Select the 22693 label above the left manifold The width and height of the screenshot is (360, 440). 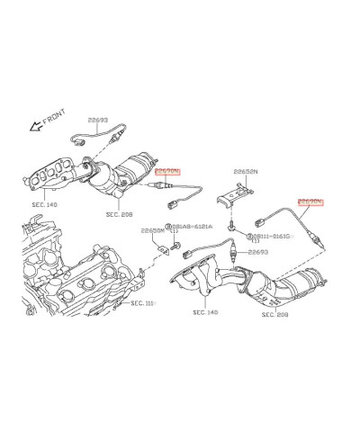click(97, 120)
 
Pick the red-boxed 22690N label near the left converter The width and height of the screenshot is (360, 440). click(167, 169)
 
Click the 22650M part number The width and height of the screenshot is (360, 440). click(152, 230)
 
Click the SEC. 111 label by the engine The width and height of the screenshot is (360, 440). click(141, 303)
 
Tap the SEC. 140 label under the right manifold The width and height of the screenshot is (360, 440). click(205, 312)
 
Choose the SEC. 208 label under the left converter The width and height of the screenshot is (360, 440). click(119, 215)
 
